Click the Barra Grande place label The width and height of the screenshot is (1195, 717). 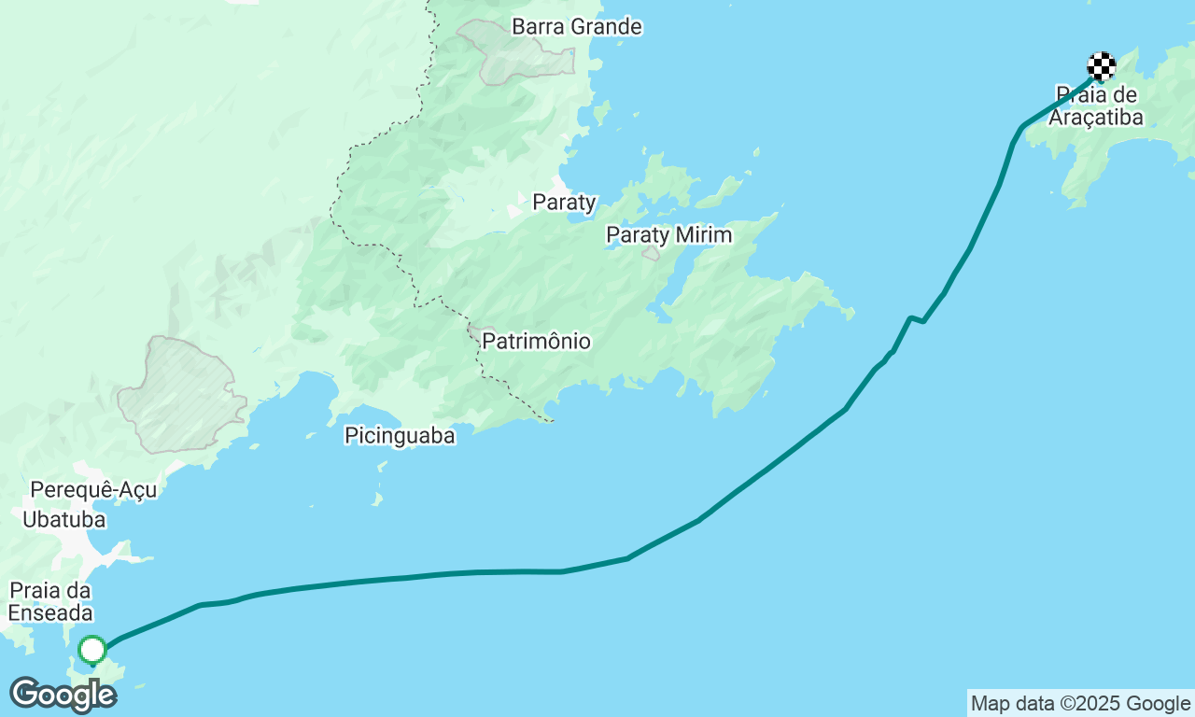pos(576,27)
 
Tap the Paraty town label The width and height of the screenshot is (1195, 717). pos(564,202)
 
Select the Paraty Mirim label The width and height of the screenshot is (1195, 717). pos(668,234)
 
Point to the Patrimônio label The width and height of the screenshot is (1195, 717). pos(536,342)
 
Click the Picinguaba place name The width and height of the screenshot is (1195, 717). pos(400,435)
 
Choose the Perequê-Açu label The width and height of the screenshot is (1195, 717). pos(93,490)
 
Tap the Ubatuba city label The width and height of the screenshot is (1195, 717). pos(64,520)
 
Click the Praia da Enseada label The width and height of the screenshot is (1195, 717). pos(51,601)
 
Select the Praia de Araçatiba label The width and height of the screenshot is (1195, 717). pos(1096,105)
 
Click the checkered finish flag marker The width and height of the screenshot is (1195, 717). pos(1102,66)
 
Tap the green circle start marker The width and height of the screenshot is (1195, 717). pos(92,649)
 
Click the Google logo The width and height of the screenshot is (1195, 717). pos(63,696)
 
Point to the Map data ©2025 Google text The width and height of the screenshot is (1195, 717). pos(1080,704)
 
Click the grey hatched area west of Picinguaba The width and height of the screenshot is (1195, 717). pos(179,395)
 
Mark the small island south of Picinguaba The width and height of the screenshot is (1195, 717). pos(377,498)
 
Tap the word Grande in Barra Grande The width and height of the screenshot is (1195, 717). pos(607,27)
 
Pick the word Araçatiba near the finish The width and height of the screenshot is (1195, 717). pos(1096,117)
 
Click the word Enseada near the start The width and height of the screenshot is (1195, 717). pos(51,613)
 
